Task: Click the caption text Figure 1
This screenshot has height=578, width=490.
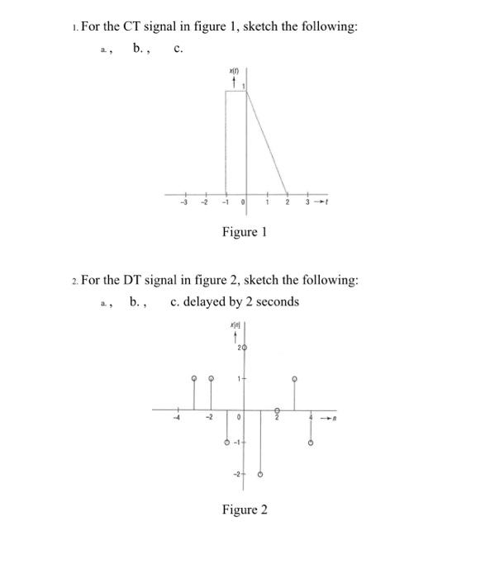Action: point(244,232)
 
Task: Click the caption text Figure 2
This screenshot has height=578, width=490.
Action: point(244,509)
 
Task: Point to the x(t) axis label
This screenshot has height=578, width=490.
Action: point(234,73)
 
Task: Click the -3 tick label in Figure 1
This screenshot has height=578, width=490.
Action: point(185,201)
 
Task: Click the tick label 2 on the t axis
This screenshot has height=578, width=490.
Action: point(288,201)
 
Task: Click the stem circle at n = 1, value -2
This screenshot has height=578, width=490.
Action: point(260,475)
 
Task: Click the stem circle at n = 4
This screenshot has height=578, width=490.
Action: point(311,443)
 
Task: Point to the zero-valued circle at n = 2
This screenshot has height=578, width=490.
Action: point(278,410)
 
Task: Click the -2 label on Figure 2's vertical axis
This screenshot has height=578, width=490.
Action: point(236,474)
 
